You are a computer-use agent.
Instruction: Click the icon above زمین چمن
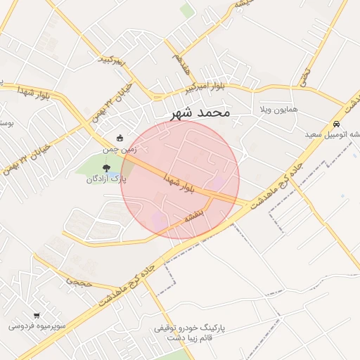(120, 137)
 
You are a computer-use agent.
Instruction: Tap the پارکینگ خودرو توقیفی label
(190, 328)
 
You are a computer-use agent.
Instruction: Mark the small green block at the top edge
(186, 10)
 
